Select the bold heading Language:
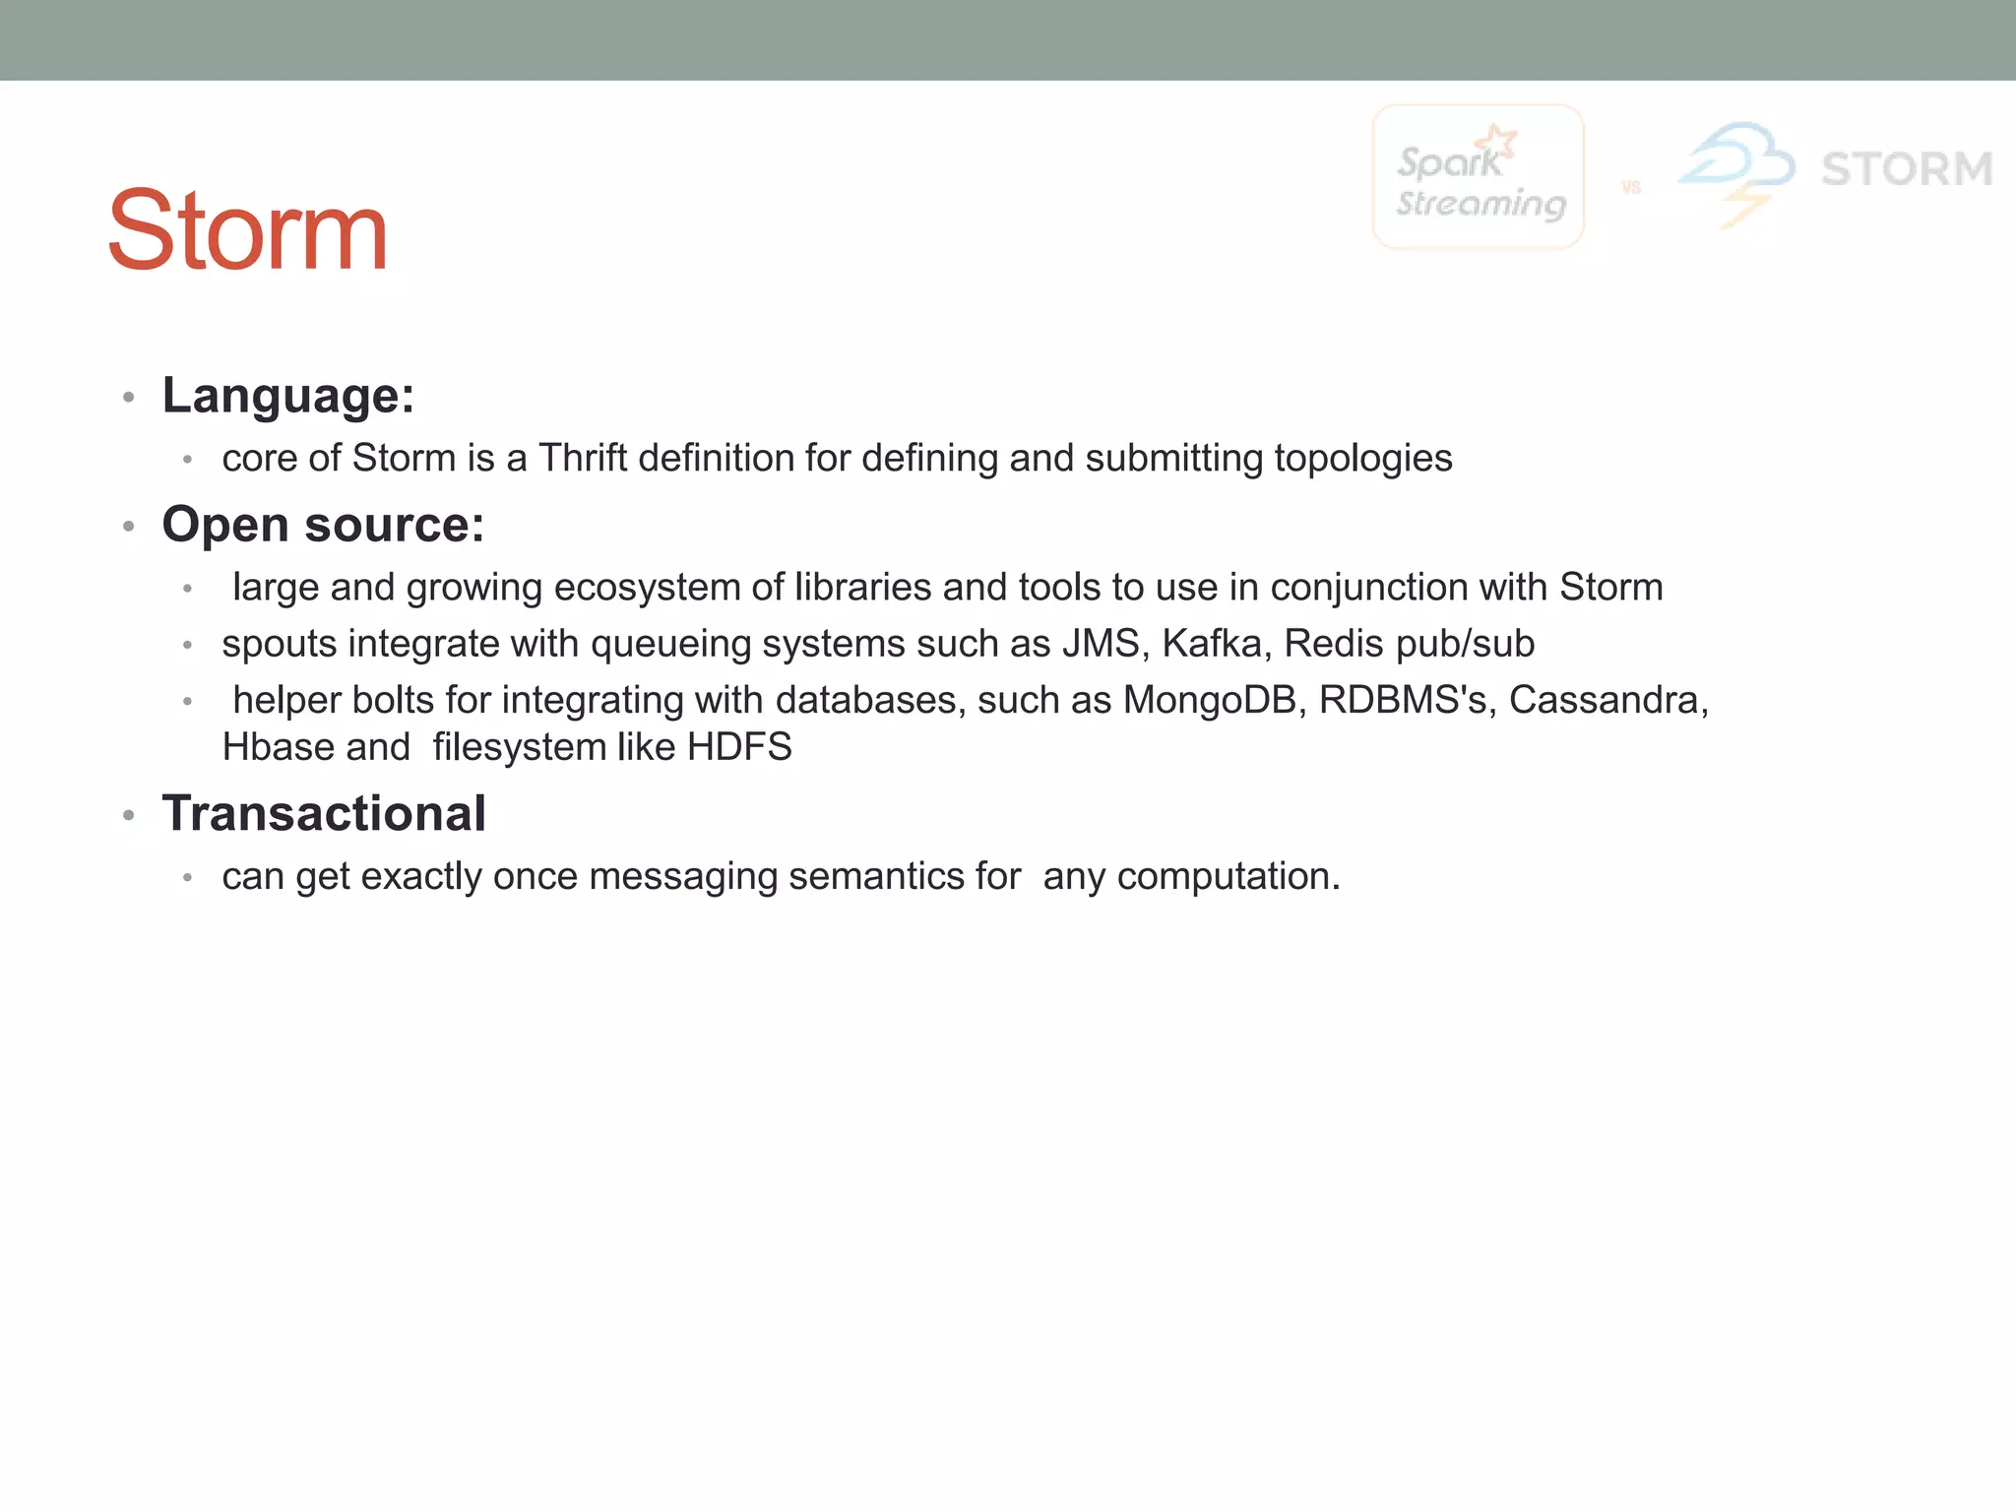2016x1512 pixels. [288, 396]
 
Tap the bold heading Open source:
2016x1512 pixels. [323, 525]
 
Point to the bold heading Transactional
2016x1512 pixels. [324, 814]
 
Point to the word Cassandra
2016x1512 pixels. [1608, 700]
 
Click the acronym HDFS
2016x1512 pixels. [739, 747]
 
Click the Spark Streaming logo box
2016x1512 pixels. [1478, 177]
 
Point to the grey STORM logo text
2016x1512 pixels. [1907, 169]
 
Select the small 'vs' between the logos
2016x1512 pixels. [1631, 187]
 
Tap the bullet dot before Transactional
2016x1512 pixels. [128, 815]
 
